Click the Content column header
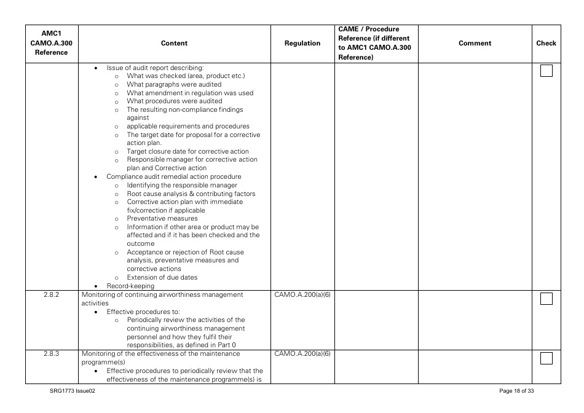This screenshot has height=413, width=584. (x=174, y=44)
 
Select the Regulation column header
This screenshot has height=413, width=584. (x=302, y=44)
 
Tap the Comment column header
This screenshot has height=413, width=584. (x=475, y=44)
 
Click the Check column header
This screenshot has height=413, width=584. (x=546, y=44)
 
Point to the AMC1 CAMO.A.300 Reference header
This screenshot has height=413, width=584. (x=51, y=43)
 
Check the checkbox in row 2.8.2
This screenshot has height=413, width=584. (x=546, y=299)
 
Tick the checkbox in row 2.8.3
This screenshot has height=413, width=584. (x=546, y=358)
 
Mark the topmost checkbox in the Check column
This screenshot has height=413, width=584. (x=546, y=71)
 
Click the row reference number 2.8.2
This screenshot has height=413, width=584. (x=51, y=295)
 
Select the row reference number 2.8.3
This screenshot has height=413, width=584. (x=51, y=354)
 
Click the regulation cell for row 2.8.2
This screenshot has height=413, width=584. (x=302, y=295)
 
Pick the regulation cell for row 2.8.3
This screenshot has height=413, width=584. (x=302, y=354)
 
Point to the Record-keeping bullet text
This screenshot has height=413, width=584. (x=130, y=286)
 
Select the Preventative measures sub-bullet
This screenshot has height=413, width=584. (x=162, y=219)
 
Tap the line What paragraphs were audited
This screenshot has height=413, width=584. (x=174, y=84)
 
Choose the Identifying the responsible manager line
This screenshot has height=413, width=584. (x=182, y=185)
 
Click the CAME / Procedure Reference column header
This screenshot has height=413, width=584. (x=374, y=44)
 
